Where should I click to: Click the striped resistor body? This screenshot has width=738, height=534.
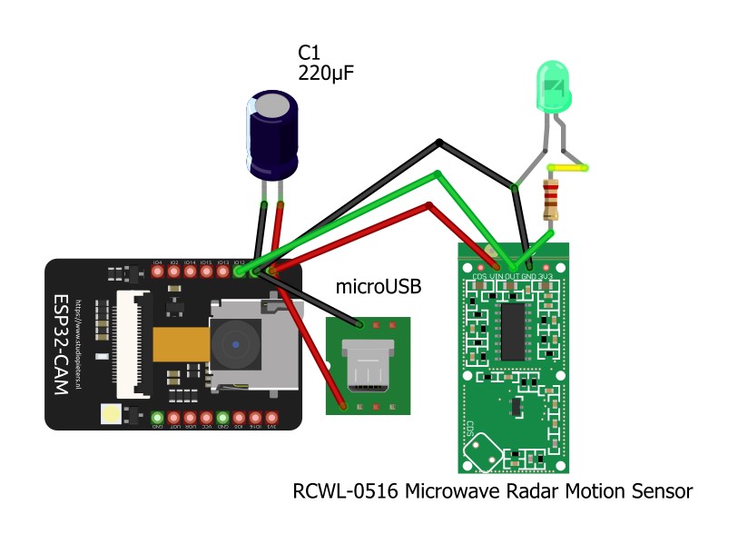tap(549, 199)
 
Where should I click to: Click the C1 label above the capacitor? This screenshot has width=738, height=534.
tap(310, 52)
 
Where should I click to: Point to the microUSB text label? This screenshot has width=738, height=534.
tap(379, 287)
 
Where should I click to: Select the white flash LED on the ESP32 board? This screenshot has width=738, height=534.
tap(112, 414)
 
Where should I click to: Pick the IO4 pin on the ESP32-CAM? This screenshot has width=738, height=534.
tap(157, 271)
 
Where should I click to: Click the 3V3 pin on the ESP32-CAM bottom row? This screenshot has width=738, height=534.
tap(271, 419)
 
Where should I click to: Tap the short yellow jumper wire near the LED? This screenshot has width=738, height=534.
tap(568, 168)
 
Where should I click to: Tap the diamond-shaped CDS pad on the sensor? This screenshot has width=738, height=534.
tap(482, 446)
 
